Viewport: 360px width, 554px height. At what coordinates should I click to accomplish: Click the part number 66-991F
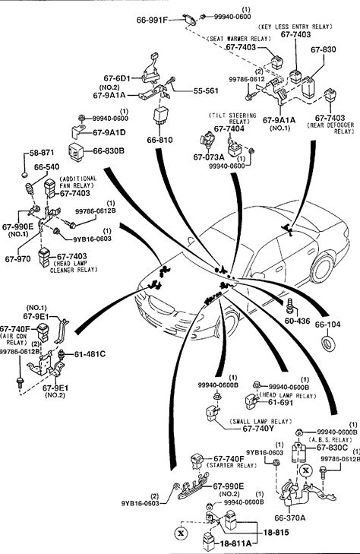point(152,20)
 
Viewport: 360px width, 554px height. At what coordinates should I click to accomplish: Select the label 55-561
point(206,90)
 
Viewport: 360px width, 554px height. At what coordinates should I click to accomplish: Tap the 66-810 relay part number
point(160,140)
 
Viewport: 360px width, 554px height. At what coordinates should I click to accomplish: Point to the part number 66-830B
point(109,151)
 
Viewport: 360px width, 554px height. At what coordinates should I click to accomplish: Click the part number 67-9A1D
point(109,132)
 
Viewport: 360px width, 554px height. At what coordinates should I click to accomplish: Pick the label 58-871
point(42,153)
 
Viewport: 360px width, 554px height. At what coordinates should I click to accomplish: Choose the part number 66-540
point(46,166)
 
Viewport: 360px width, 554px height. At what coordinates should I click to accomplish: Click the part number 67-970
point(17,259)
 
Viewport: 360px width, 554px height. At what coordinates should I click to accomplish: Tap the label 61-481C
point(90,354)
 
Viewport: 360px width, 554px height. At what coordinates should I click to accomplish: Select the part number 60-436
point(297,321)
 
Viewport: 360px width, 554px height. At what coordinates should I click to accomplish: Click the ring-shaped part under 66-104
point(328,344)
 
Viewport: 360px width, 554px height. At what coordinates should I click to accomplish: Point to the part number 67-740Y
point(258,429)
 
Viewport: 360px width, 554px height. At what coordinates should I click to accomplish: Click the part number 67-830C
point(332,448)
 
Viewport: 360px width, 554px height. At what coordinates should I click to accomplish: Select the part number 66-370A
point(290,518)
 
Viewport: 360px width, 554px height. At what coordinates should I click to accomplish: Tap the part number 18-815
point(276,532)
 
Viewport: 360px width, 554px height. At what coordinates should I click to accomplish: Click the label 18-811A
point(235,543)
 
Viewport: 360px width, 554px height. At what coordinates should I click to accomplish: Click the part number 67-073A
point(209,157)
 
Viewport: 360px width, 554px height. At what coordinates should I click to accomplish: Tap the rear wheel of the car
point(323,269)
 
